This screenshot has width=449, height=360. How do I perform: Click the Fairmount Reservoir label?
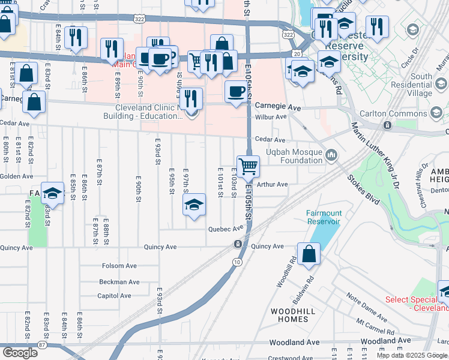pos(324,217)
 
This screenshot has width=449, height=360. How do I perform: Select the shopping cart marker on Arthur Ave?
pos(248,166)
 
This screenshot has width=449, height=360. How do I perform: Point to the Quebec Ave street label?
pos(226,229)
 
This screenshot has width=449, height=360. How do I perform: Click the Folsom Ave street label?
pos(119,266)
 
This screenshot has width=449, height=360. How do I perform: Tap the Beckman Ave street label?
pos(119,281)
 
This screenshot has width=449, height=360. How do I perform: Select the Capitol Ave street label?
pos(114,296)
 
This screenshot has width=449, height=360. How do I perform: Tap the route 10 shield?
pos(238,262)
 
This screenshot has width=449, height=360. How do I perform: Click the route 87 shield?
pos(41,344)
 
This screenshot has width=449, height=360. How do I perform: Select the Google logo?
pos(20,353)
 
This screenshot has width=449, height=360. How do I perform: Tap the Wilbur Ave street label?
pos(272,116)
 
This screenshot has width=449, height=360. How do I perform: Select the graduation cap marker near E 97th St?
pos(194,205)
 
